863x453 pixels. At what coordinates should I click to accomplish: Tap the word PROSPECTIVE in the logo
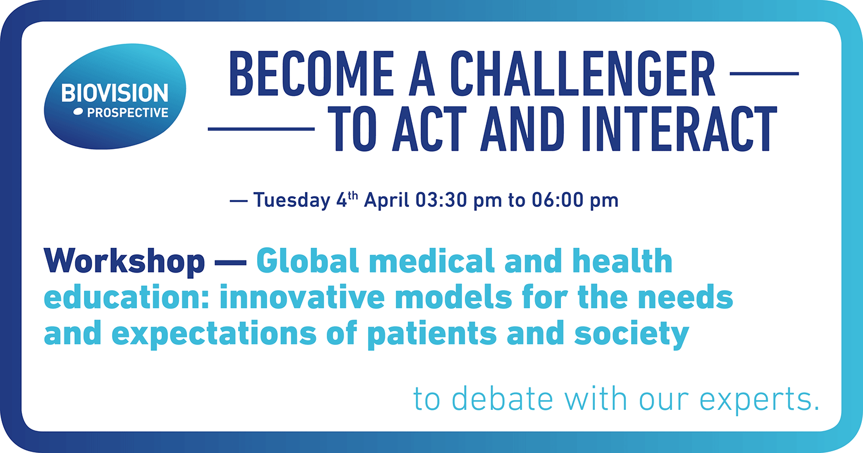(x=128, y=113)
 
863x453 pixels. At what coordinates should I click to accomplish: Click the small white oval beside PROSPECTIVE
(x=78, y=112)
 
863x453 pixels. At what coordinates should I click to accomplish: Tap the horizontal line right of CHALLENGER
(x=765, y=73)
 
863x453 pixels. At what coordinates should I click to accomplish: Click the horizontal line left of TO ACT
(x=261, y=129)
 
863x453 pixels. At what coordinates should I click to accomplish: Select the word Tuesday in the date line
(x=292, y=201)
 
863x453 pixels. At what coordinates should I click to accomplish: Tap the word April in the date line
(x=387, y=201)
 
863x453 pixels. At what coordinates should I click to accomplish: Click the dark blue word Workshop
(x=124, y=262)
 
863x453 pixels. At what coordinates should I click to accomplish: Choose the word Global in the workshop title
(x=307, y=260)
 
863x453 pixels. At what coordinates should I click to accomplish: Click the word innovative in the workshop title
(x=302, y=297)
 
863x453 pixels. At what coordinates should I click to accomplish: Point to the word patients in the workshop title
(x=432, y=334)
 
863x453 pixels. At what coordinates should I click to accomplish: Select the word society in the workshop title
(x=632, y=334)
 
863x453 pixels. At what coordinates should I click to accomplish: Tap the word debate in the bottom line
(x=502, y=398)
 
